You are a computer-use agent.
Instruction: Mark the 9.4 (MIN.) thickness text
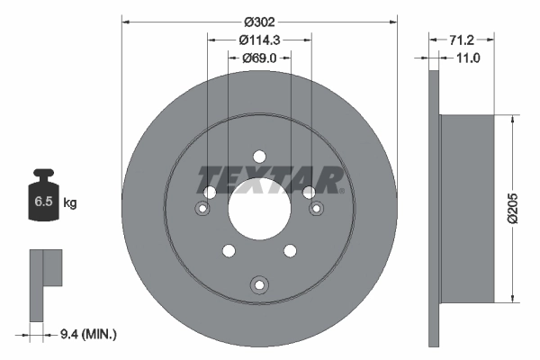[87, 334]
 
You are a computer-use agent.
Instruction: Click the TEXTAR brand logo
[270, 178]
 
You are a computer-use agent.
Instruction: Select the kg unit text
[70, 203]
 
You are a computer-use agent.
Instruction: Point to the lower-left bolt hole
[229, 249]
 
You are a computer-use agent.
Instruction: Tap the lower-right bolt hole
[290, 249]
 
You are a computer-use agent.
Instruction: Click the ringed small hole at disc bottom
[259, 285]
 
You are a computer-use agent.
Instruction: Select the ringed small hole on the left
[202, 210]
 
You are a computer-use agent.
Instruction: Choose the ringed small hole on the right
[316, 210]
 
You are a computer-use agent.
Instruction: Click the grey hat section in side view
[468, 208]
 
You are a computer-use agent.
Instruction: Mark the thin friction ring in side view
[436, 208]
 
